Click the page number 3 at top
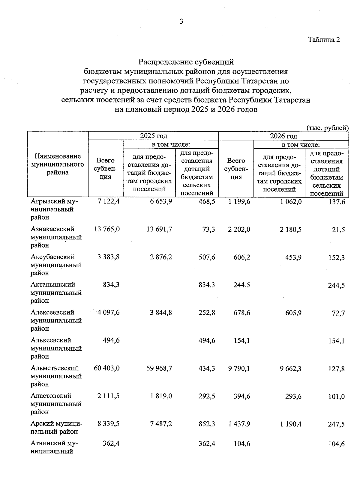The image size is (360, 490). click(181, 22)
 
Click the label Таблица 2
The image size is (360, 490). click(324, 40)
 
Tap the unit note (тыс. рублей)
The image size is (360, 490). click(327, 128)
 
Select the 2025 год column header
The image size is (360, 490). click(153, 136)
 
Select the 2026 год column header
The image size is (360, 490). click(283, 136)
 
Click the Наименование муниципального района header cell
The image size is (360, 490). click(58, 164)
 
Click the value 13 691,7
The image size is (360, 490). click(159, 230)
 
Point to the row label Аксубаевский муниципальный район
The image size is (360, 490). click(56, 265)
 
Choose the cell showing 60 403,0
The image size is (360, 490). click(107, 368)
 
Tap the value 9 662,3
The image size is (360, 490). click(290, 368)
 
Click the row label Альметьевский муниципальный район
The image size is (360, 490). click(56, 376)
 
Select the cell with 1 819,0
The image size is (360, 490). click(161, 396)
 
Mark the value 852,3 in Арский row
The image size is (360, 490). click(207, 424)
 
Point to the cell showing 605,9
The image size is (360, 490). click(294, 313)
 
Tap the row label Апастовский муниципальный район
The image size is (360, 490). click(56, 404)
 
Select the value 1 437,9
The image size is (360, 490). click(239, 424)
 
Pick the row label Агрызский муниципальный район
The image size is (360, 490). click(54, 209)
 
